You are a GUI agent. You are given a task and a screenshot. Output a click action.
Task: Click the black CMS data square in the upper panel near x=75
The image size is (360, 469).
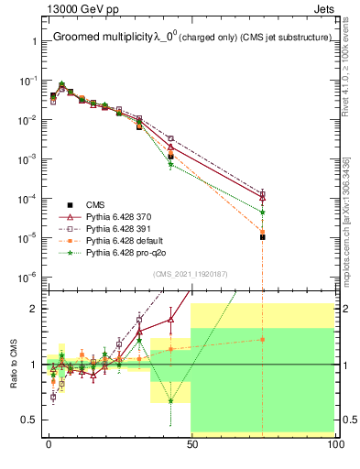(x=263, y=237)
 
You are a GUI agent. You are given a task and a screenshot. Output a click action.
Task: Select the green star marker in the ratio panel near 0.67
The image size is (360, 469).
(x=170, y=400)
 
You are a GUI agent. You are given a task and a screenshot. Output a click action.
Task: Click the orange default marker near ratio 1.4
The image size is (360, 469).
(x=263, y=339)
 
